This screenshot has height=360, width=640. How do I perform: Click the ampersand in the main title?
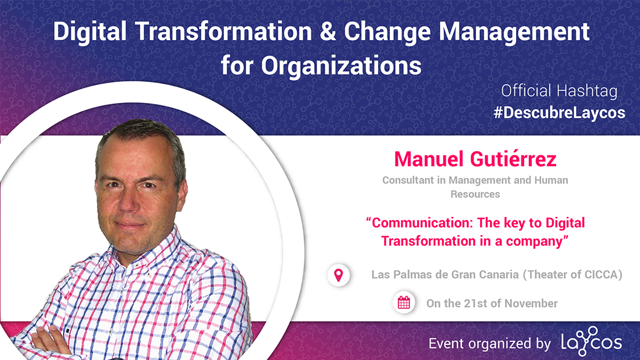328,32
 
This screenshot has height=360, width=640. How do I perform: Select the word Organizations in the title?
341,66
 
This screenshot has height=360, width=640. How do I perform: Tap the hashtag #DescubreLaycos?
559,113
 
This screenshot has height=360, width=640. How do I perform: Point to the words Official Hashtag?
559,91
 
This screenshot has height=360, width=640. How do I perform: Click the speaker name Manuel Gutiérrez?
475,159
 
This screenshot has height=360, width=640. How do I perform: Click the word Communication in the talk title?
422,223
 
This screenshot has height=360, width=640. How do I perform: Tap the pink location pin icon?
339,275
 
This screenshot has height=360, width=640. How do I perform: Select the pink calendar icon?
404,302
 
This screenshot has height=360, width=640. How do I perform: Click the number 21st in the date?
475,303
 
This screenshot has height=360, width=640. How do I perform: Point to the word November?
531,303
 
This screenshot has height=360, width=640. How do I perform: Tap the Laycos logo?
592,341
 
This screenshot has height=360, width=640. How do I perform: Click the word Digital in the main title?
90,32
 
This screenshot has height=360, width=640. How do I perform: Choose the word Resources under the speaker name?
475,194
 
